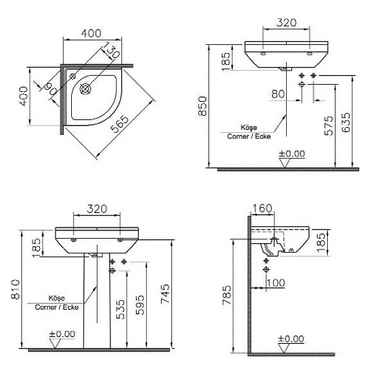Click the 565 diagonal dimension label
tap(120, 124)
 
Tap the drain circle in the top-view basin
tap(85, 89)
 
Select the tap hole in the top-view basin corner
tap(72, 76)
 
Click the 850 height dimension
tap(203, 106)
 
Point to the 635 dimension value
tap(346, 123)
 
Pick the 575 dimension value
tap(328, 126)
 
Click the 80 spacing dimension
tap(278, 94)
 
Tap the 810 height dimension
tap(15, 289)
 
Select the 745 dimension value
tap(165, 293)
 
